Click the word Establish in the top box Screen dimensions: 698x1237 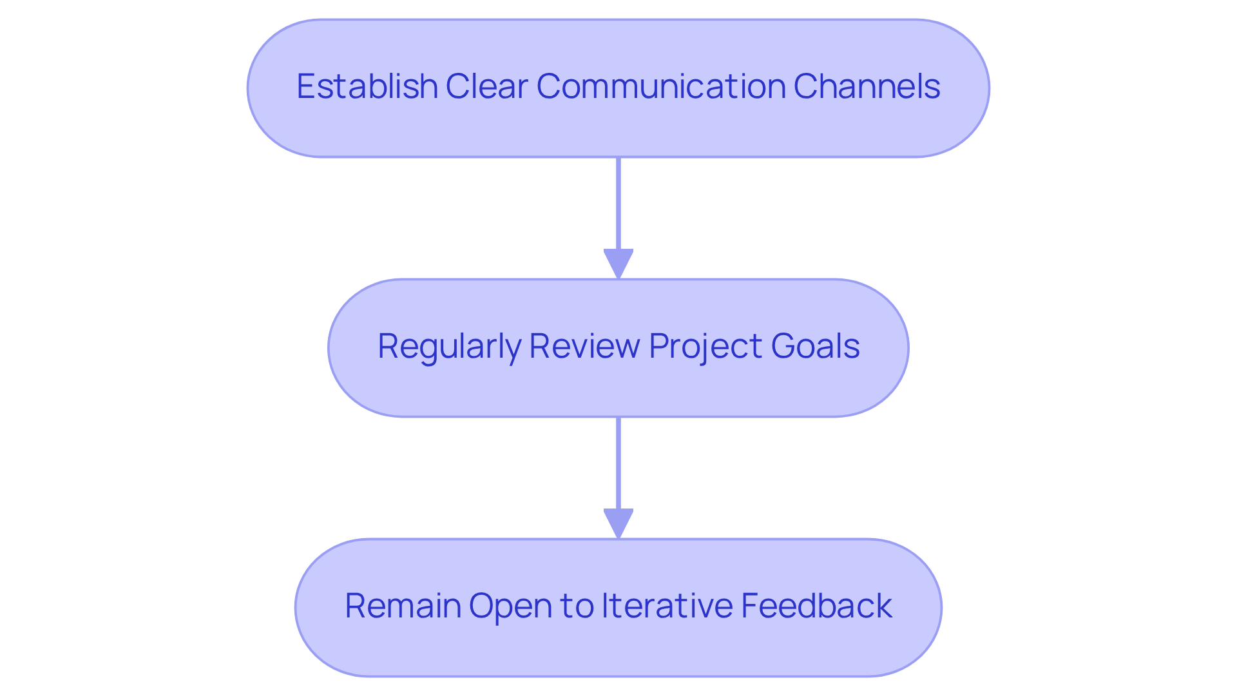(367, 86)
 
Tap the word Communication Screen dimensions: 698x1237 (661, 86)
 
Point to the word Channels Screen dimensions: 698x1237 (867, 86)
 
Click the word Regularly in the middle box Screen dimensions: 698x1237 (449, 347)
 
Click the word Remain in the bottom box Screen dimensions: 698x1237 (403, 606)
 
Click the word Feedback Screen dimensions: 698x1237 (816, 606)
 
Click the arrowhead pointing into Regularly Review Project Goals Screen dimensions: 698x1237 (618, 263)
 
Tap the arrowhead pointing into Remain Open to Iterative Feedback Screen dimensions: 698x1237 (618, 523)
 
